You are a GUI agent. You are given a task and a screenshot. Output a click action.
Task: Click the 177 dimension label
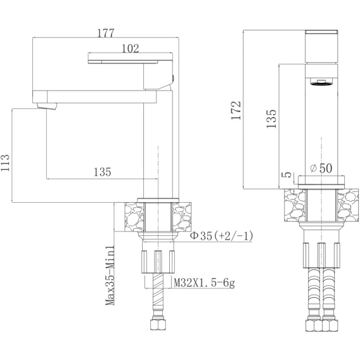tap(106, 33)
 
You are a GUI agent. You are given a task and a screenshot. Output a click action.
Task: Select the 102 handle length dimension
tap(130, 48)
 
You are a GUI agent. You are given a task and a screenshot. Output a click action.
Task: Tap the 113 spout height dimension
tap(5, 163)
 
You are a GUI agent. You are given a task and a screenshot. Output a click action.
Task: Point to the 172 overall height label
tap(236, 110)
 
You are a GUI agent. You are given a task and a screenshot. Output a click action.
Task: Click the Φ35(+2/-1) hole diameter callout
tap(222, 236)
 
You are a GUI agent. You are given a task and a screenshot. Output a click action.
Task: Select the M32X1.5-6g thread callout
tap(204, 283)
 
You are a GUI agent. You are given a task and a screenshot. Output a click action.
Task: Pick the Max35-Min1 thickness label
tap(110, 276)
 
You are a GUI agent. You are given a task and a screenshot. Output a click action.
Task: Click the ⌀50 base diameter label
tap(321, 168)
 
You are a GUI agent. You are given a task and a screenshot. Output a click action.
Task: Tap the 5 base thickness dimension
tap(286, 175)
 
